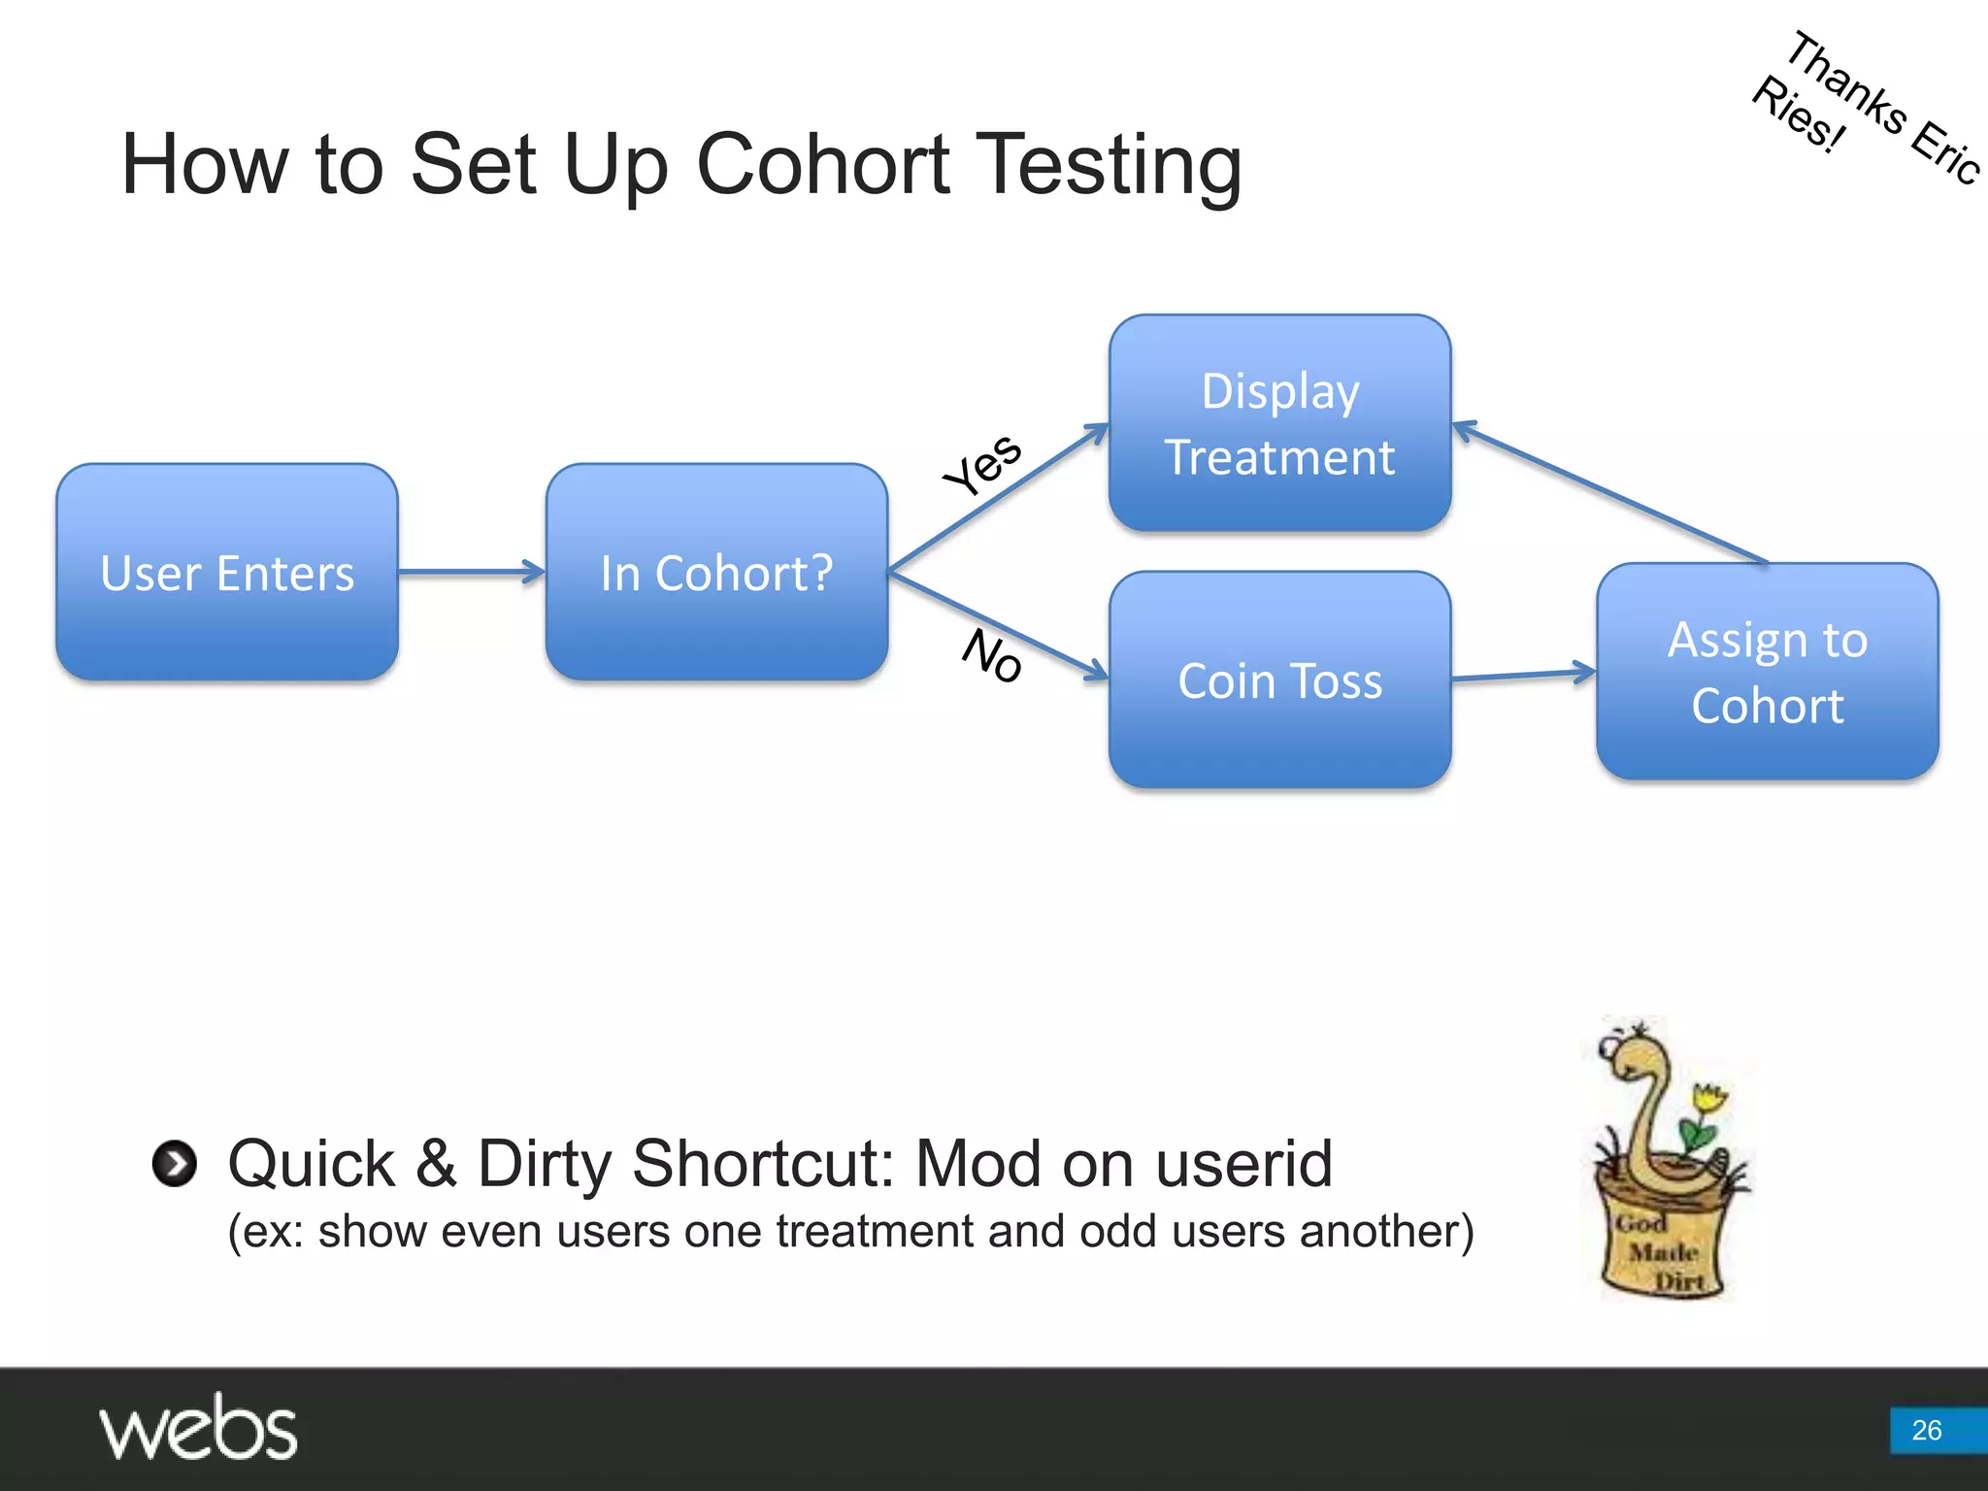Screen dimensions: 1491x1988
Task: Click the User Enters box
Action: (x=227, y=572)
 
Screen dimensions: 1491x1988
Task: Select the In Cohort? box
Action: (x=716, y=572)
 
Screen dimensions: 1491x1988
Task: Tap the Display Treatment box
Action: (x=1279, y=423)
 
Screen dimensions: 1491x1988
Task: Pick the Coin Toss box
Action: (x=1279, y=679)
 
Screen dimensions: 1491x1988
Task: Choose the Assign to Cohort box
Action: (x=1767, y=672)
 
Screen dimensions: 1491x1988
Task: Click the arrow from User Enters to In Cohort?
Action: (x=472, y=572)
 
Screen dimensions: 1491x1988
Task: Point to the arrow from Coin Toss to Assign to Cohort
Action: (x=1524, y=676)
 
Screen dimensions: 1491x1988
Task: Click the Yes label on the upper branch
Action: (x=982, y=464)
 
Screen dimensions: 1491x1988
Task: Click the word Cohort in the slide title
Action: (x=823, y=165)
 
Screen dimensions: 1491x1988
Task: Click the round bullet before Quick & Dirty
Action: (x=175, y=1163)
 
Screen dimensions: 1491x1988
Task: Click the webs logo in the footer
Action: (x=198, y=1429)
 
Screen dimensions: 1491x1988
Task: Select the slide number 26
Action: (x=1926, y=1430)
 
